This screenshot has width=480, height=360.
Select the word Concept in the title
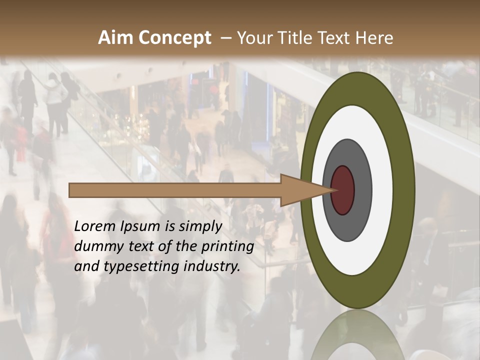[174, 38]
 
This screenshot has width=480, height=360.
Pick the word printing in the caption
[227, 247]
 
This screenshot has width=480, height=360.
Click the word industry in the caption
[212, 266]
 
